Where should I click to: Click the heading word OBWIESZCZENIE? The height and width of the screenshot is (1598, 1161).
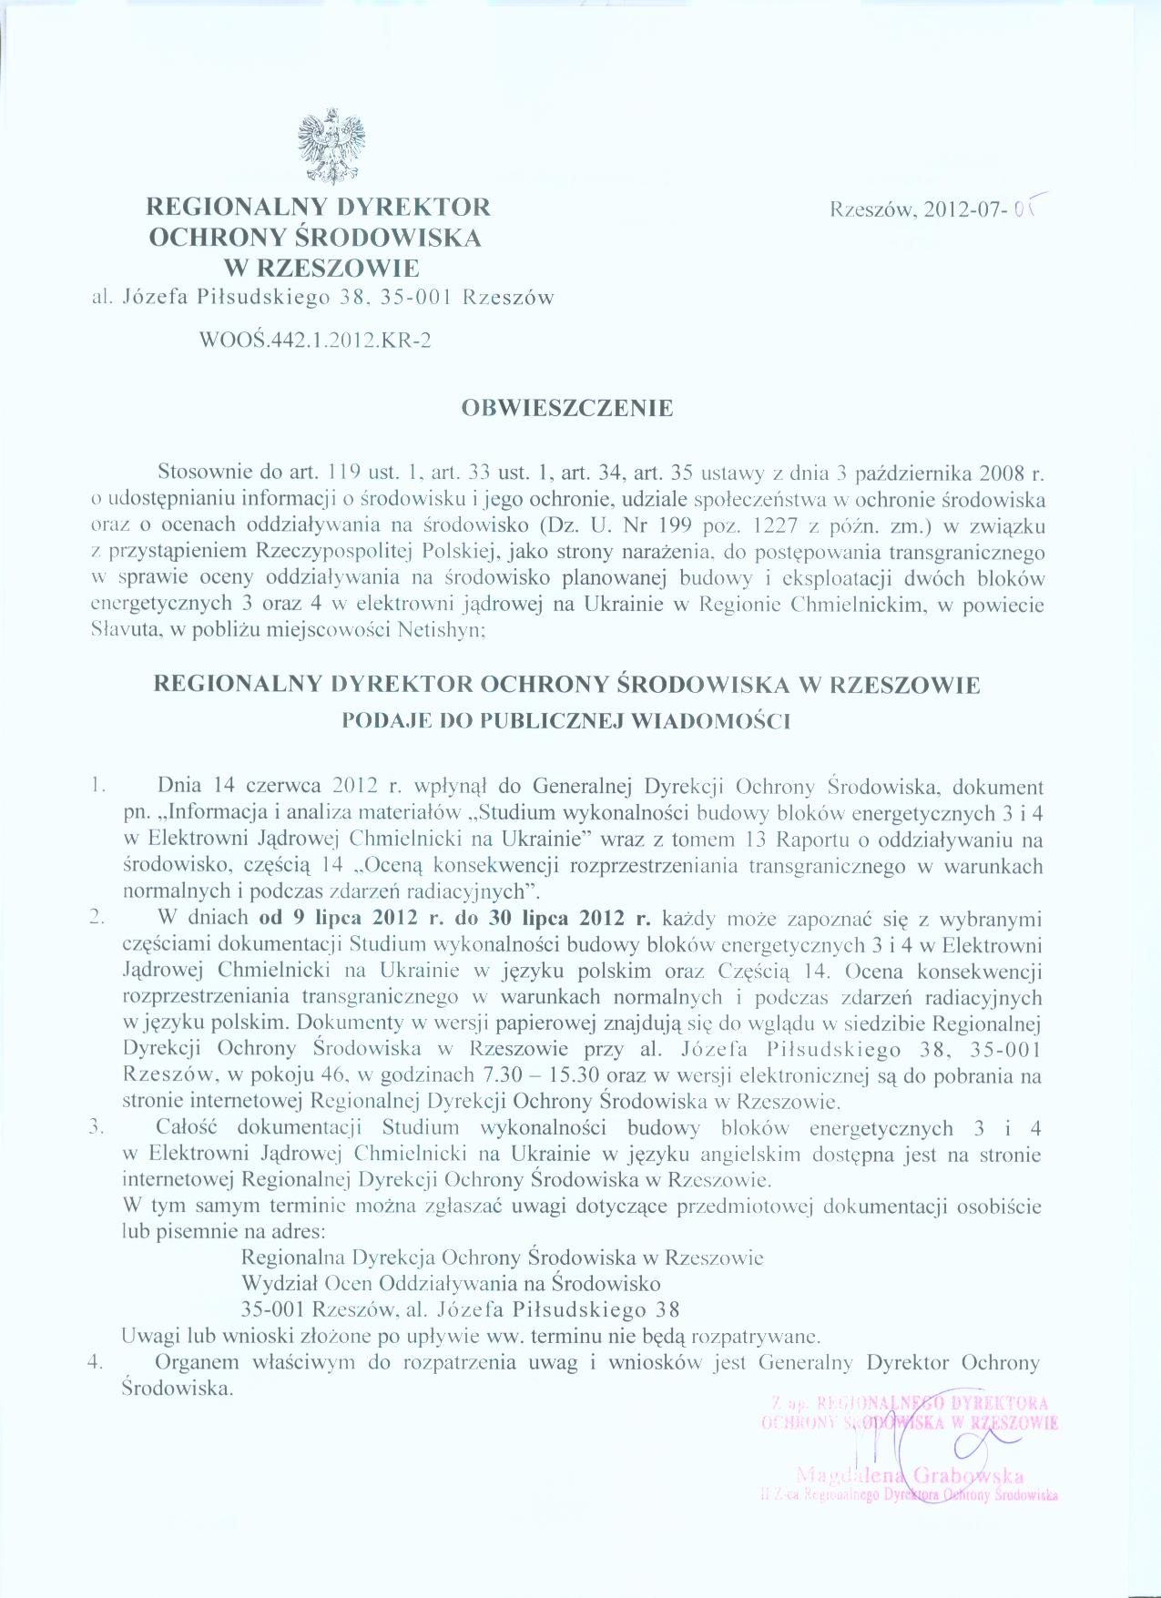pos(567,408)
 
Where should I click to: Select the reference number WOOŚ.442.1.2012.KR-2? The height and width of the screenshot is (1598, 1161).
pos(314,341)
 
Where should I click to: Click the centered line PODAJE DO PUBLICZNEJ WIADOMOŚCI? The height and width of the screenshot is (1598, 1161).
pos(565,721)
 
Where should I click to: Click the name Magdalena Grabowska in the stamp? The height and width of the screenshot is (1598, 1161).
pos(909,1476)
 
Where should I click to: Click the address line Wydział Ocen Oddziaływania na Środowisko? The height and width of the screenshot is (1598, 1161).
pos(451,1284)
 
